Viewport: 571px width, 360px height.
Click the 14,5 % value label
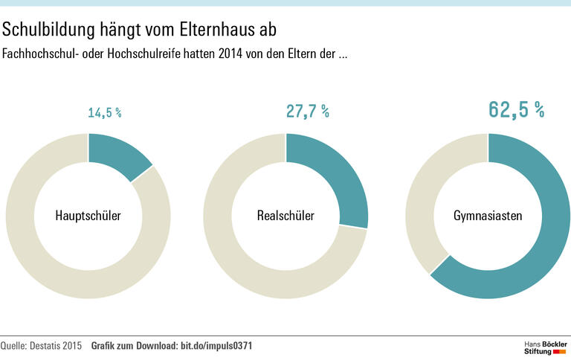click(x=105, y=113)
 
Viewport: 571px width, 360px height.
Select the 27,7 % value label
click(x=307, y=112)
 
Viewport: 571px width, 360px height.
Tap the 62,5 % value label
click(x=516, y=109)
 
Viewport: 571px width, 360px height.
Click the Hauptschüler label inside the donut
click(x=88, y=216)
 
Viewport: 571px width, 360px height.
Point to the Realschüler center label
click(x=285, y=216)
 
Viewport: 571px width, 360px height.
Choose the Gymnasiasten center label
click(x=488, y=216)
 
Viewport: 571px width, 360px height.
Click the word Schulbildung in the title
click(x=48, y=30)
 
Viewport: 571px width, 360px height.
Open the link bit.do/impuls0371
click(x=221, y=346)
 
